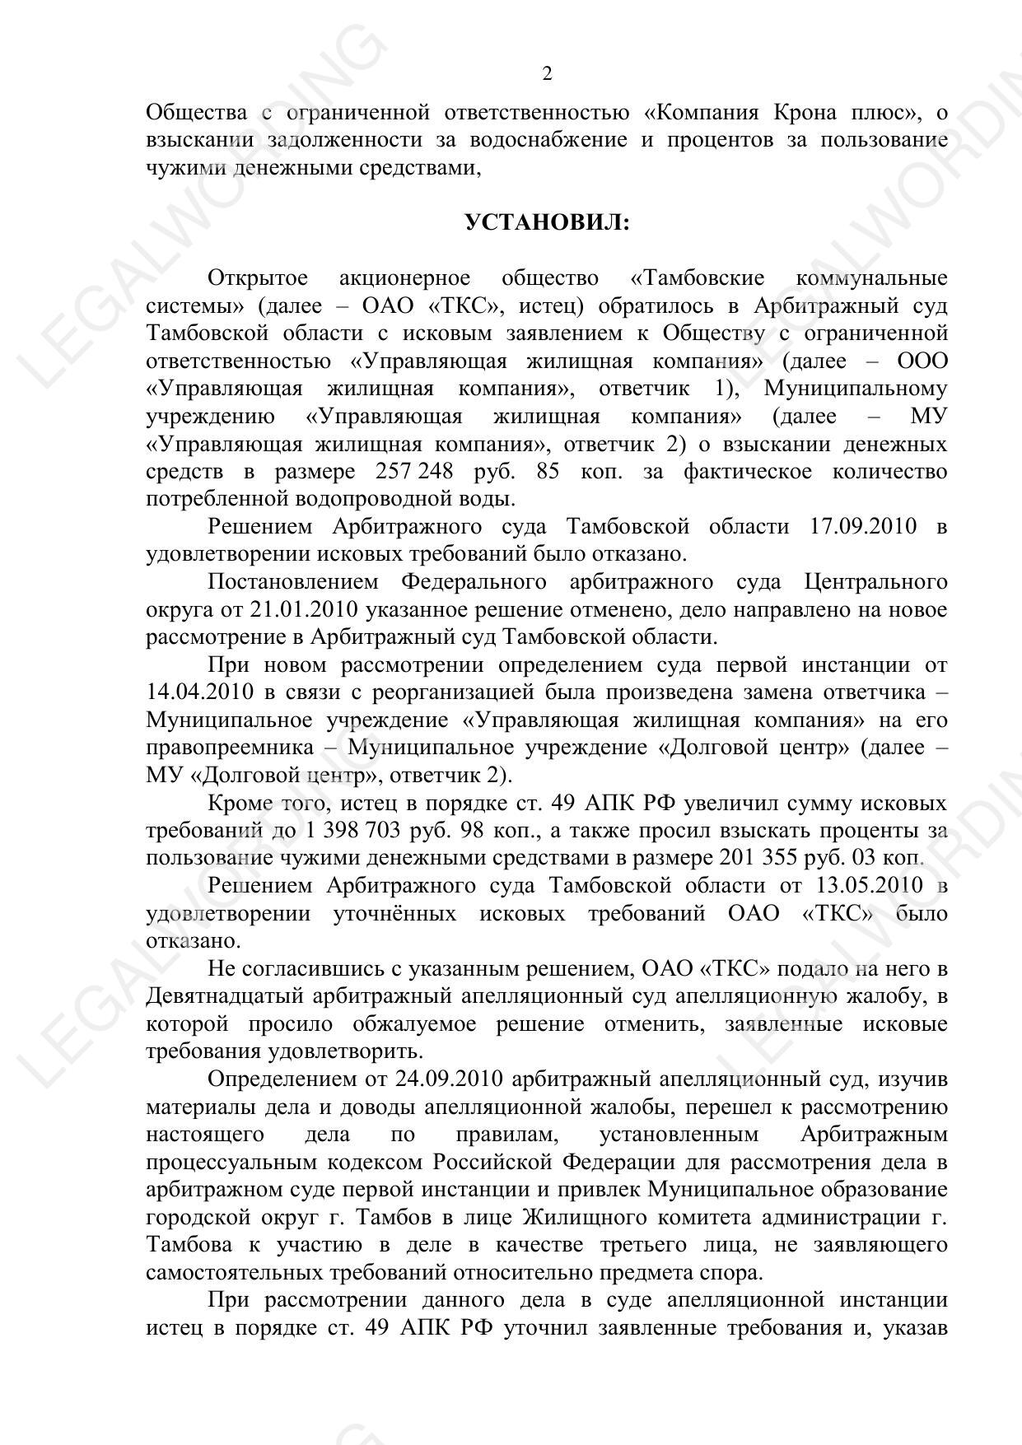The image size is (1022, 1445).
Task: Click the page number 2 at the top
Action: [x=547, y=74]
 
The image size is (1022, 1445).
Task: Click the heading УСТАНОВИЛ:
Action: [x=547, y=222]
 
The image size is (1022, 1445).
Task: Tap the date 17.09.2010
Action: [x=864, y=527]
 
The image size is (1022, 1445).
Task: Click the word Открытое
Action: [x=258, y=278]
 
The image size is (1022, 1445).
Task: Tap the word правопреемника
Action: [x=230, y=748]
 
